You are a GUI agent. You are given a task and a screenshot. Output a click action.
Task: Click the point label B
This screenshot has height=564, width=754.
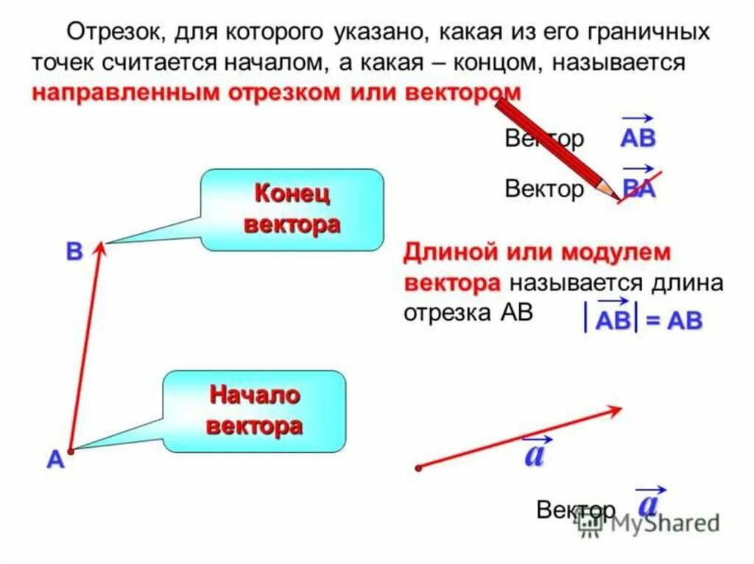[x=74, y=252]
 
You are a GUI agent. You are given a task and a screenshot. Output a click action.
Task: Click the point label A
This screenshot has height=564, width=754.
[x=55, y=460]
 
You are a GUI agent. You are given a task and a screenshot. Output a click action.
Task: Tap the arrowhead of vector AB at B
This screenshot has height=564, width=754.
[x=102, y=249]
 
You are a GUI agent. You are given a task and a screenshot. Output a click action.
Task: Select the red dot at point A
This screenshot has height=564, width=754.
[x=71, y=450]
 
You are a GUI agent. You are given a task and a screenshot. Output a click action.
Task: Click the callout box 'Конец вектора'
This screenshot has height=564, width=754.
[x=292, y=210]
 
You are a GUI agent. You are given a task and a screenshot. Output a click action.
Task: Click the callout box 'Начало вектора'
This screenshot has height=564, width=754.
[x=255, y=411]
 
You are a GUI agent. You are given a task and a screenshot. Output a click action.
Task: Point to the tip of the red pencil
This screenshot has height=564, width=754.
[x=617, y=197]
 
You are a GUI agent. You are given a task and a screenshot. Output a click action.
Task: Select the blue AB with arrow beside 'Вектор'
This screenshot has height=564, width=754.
[x=638, y=136]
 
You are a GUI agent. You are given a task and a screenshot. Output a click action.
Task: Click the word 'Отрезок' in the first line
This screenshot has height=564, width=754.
[x=108, y=32]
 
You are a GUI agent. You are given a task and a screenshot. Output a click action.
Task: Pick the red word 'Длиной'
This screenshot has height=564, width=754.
[x=441, y=253]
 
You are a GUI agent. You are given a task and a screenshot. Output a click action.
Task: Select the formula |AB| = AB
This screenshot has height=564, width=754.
[x=644, y=319]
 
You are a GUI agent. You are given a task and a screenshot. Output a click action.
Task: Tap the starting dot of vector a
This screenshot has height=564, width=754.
[x=418, y=468]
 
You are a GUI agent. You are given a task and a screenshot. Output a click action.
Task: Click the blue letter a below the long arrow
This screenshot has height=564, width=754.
[x=535, y=453]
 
